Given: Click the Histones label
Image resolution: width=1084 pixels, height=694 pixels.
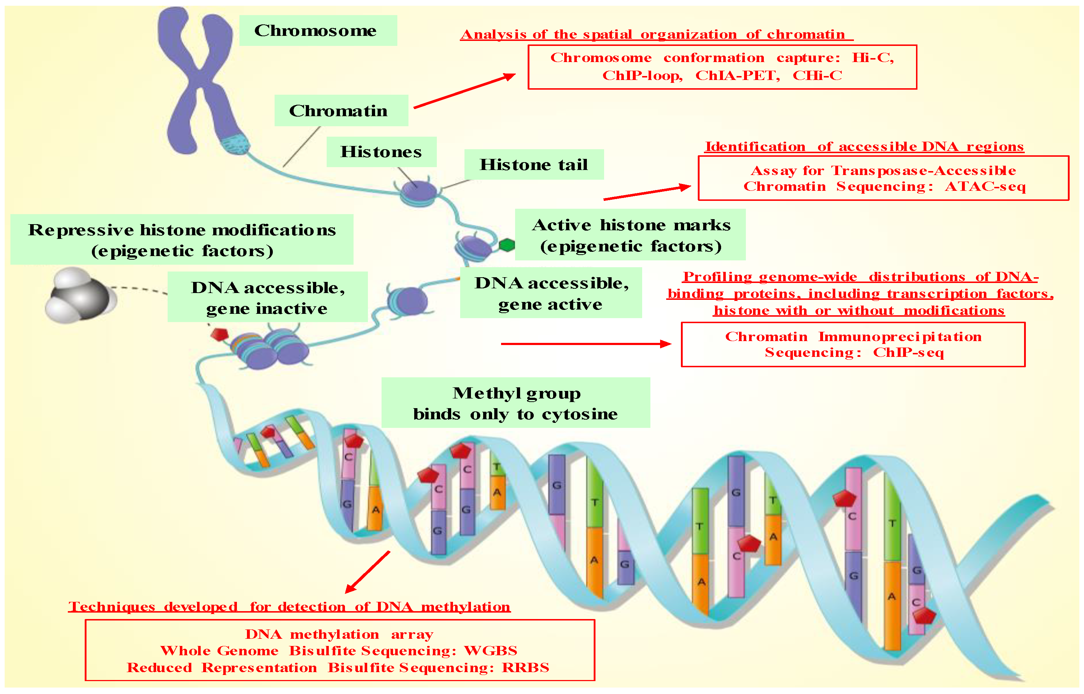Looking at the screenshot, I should point(381,152).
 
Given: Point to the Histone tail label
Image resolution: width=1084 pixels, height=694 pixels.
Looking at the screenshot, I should point(533,165).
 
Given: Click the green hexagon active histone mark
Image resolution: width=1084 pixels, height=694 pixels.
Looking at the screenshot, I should point(507,245).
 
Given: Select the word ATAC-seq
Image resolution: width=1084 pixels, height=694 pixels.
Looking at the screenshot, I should point(985,187).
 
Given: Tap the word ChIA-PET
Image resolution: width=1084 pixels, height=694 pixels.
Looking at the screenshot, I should point(737,75).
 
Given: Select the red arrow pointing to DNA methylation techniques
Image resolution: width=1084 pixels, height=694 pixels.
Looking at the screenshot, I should point(368,572).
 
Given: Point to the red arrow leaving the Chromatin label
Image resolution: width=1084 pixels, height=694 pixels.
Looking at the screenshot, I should point(464,91).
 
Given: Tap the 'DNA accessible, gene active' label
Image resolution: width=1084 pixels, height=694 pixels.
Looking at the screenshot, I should point(551,293).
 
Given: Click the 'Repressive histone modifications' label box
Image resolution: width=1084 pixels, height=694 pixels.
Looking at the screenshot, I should point(182,239).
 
